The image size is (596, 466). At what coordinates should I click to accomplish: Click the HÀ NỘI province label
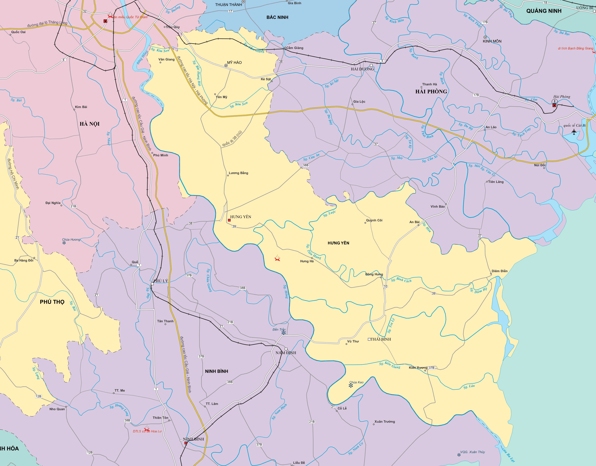pyautogui.click(x=89, y=124)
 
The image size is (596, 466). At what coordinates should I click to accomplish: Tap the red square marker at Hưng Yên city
pyautogui.click(x=229, y=220)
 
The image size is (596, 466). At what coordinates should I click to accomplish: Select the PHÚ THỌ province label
pyautogui.click(x=52, y=302)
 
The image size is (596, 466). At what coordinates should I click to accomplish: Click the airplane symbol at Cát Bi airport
pyautogui.click(x=574, y=132)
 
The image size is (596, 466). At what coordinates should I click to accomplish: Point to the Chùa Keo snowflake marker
pyautogui.click(x=351, y=385)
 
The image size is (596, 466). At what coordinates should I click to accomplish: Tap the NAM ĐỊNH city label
pyautogui.click(x=286, y=353)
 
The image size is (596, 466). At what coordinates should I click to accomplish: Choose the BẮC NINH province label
pyautogui.click(x=277, y=17)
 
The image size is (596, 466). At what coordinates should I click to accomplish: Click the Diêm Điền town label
pyautogui.click(x=500, y=271)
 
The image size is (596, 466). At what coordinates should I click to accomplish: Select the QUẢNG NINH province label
pyautogui.click(x=544, y=11)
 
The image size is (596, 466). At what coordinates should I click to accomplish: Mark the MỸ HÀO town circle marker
pyautogui.click(x=226, y=65)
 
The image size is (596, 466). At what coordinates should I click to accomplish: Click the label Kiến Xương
pyautogui.click(x=418, y=368)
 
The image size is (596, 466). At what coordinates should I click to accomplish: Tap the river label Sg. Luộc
pyautogui.click(x=329, y=214)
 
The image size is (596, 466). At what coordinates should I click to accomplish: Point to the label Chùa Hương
pyautogui.click(x=71, y=239)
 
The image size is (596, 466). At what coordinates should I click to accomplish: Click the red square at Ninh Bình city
pyautogui.click(x=186, y=443)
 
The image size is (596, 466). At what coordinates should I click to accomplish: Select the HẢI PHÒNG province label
pyautogui.click(x=431, y=92)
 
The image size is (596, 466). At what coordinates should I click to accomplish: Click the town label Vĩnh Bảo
pyautogui.click(x=438, y=206)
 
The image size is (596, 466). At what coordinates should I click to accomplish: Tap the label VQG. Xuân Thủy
pyautogui.click(x=473, y=452)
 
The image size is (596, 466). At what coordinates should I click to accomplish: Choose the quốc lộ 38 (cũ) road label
pyautogui.click(x=232, y=139)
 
